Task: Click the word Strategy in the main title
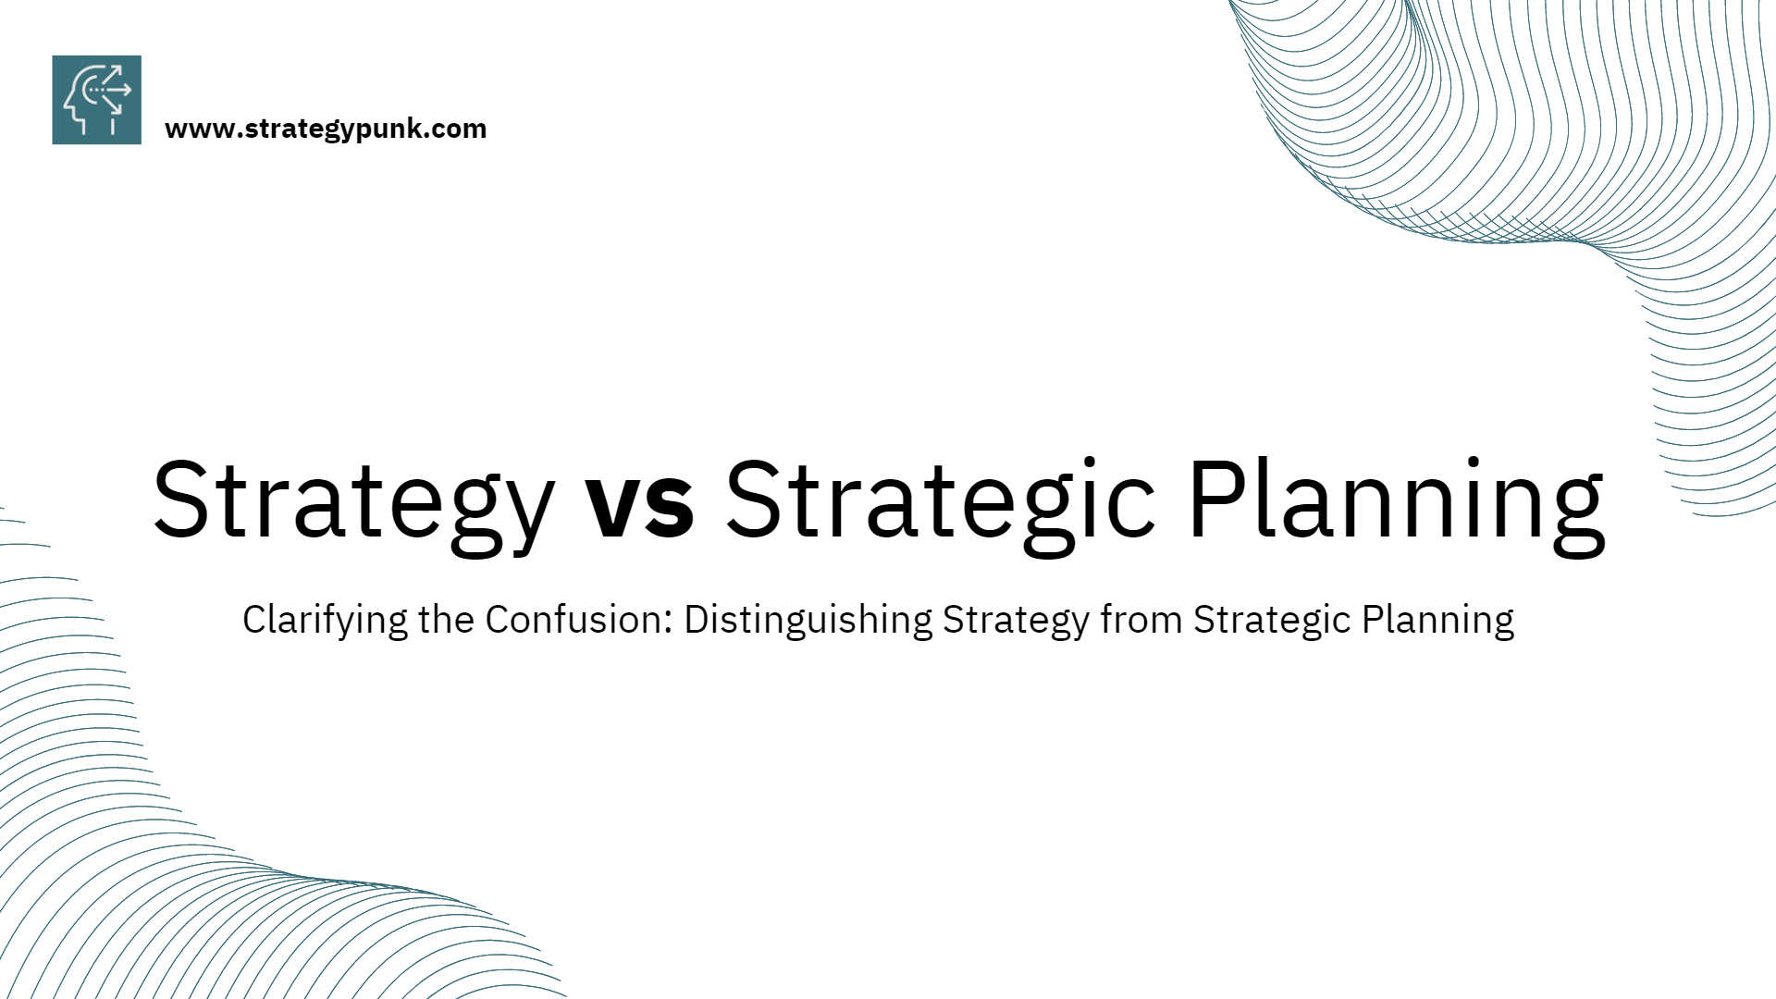353,500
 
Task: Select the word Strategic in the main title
940,500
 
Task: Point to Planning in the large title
1396,500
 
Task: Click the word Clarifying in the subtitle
324,621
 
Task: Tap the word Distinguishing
808,621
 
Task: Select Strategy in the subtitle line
1016,621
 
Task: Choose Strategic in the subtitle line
1272,621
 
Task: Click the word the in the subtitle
447,619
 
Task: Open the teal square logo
97,100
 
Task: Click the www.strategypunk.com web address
326,129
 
